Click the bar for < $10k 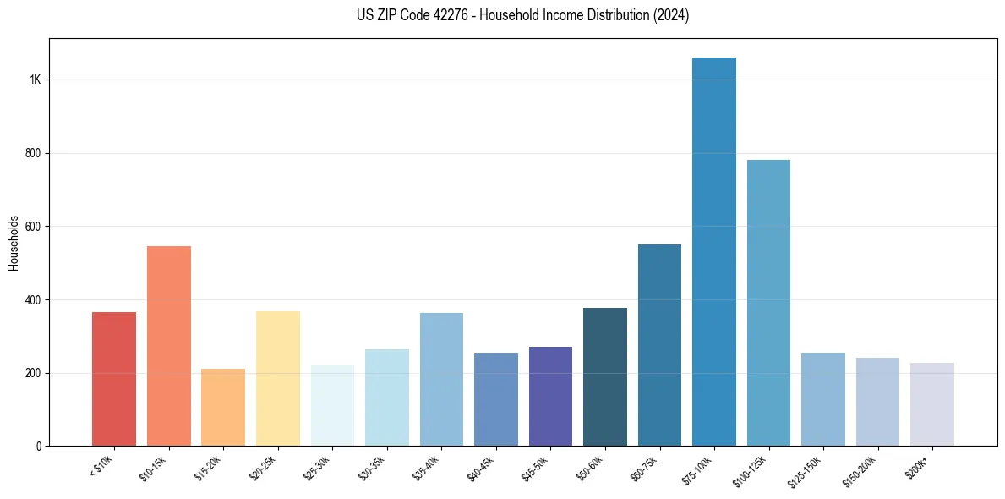[x=114, y=379]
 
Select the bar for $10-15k [x=169, y=346]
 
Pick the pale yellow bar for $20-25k [x=278, y=378]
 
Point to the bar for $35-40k [x=441, y=379]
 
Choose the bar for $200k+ [x=932, y=404]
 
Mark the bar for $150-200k [x=877, y=402]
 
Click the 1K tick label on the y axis [x=35, y=80]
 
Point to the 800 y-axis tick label [x=33, y=153]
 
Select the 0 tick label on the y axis [x=38, y=446]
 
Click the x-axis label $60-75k [x=646, y=468]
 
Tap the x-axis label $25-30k [x=319, y=468]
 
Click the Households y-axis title [x=14, y=243]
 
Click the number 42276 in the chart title [x=465, y=15]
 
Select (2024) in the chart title [x=671, y=15]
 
